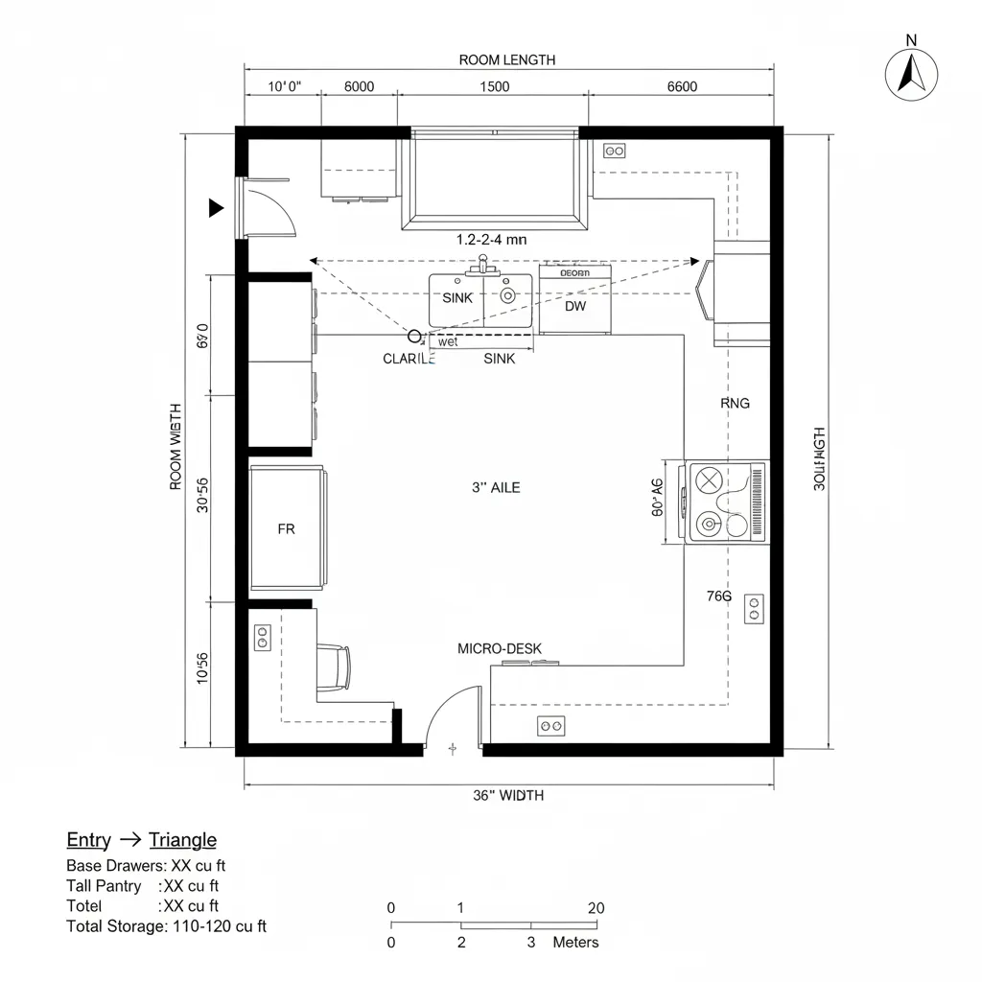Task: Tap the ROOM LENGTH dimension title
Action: click(506, 59)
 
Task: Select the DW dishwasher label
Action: click(574, 307)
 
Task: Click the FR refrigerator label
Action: click(286, 528)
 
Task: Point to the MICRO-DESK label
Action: click(499, 649)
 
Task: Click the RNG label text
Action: click(735, 404)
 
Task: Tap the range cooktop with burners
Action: click(726, 503)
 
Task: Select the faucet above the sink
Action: click(482, 263)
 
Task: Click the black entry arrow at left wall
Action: click(217, 206)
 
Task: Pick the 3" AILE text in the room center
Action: click(496, 488)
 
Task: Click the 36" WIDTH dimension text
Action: click(508, 795)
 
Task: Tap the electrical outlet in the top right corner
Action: click(614, 151)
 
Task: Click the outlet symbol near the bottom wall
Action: click(550, 727)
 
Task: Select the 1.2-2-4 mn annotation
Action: click(491, 241)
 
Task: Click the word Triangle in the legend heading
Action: click(182, 840)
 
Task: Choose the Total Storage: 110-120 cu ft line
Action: click(166, 926)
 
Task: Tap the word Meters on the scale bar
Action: click(575, 943)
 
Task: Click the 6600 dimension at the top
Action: click(681, 86)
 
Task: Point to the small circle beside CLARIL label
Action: click(414, 336)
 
